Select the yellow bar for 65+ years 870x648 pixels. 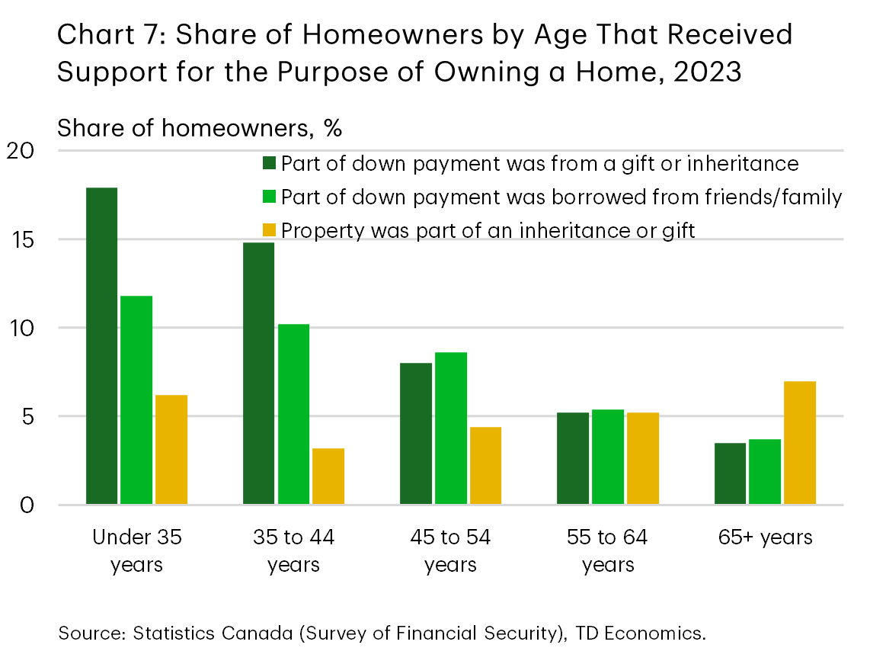800,442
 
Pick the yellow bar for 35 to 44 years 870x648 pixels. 328,476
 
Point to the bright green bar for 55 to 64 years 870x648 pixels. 608,457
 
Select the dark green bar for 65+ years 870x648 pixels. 730,473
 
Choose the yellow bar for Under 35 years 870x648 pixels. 171,449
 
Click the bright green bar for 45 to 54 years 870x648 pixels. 451,428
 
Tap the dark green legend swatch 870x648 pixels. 269,164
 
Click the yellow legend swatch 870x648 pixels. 269,230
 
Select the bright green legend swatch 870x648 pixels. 269,197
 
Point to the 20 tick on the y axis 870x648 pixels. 21,151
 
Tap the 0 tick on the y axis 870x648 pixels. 27,505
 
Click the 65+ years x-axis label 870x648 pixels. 765,537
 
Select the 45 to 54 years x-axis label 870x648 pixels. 450,550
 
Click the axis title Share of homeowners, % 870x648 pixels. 200,128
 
